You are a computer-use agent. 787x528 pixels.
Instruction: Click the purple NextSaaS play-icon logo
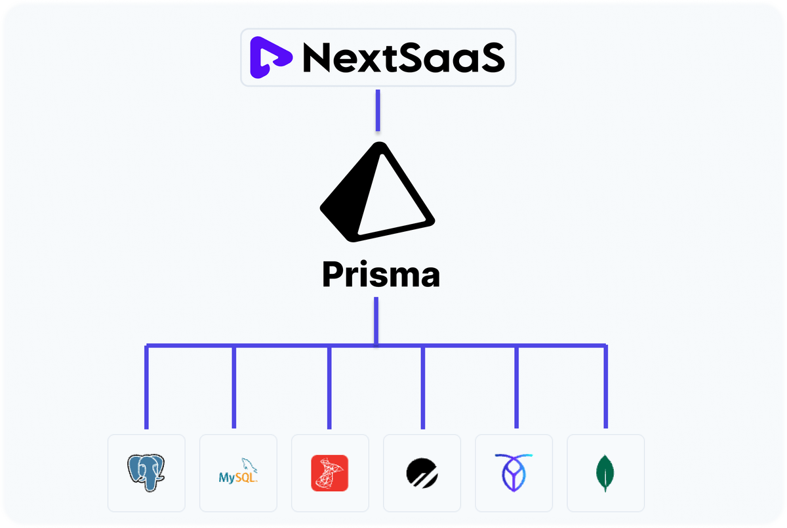pyautogui.click(x=270, y=58)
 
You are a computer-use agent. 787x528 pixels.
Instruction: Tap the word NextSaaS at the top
pyautogui.click(x=403, y=58)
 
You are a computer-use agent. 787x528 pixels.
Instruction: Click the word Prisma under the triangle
pyautogui.click(x=381, y=275)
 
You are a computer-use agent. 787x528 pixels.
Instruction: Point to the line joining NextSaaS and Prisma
pyautogui.click(x=378, y=110)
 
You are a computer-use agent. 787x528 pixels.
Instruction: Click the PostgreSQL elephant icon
pyautogui.click(x=146, y=472)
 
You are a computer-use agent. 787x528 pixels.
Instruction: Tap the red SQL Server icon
pyautogui.click(x=329, y=473)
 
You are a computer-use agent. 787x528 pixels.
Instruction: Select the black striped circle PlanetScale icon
pyautogui.click(x=421, y=473)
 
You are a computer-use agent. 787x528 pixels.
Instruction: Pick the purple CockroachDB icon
pyautogui.click(x=514, y=472)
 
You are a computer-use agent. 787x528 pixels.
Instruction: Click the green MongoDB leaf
pyautogui.click(x=605, y=473)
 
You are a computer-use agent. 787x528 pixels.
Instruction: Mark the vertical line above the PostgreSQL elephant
pyautogui.click(x=147, y=387)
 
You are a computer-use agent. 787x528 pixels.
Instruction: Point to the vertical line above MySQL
pyautogui.click(x=234, y=387)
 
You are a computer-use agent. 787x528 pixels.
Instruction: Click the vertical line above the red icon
pyautogui.click(x=329, y=387)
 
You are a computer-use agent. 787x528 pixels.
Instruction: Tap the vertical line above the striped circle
pyautogui.click(x=422, y=387)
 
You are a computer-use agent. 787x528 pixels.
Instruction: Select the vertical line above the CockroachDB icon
pyautogui.click(x=517, y=387)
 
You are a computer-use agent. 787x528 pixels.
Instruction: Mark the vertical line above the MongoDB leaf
pyautogui.click(x=605, y=387)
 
